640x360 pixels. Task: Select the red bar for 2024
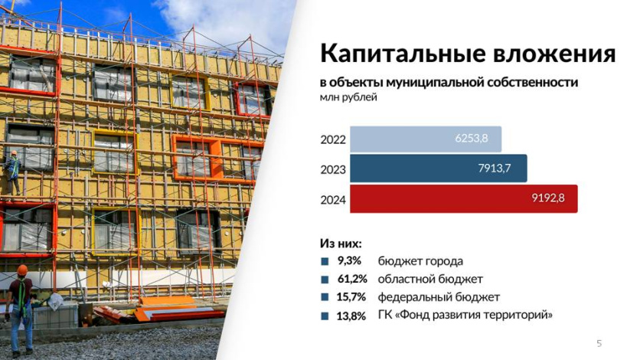click(464, 199)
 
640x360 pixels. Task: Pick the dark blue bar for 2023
click(439, 169)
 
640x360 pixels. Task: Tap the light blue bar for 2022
click(426, 139)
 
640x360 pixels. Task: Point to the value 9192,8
click(548, 198)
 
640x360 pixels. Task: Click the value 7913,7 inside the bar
click(495, 168)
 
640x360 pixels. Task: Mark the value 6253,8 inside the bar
click(472, 138)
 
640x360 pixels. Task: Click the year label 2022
click(333, 139)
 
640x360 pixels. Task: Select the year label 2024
click(333, 200)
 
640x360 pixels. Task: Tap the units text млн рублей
click(348, 98)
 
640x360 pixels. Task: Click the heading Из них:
click(341, 244)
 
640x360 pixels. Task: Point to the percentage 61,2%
click(352, 279)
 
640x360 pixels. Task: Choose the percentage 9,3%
click(349, 260)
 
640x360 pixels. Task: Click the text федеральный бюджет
click(439, 297)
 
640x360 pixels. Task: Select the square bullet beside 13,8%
click(325, 316)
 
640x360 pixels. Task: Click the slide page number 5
click(599, 343)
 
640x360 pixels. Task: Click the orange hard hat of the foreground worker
click(22, 270)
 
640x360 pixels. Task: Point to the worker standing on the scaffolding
click(12, 172)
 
